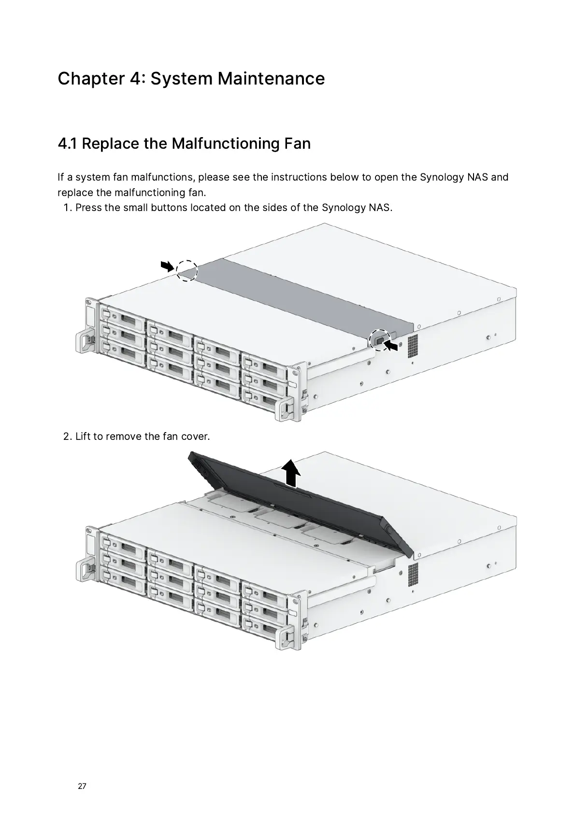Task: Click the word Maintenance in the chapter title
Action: coord(271,78)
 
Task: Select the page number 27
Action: coord(82,786)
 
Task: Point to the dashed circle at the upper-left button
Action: coord(187,270)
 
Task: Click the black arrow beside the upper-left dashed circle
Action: coord(167,265)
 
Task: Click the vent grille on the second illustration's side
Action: coord(412,575)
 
